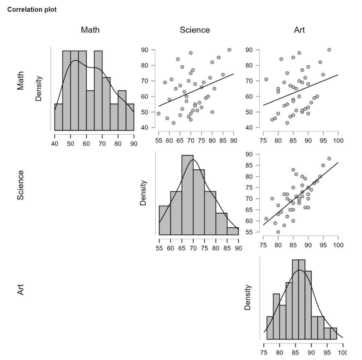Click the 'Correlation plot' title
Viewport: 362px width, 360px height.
click(x=32, y=10)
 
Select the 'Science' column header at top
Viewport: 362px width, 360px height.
click(x=195, y=30)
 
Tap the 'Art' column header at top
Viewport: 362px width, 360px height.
click(x=299, y=30)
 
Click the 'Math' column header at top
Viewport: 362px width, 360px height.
click(x=90, y=30)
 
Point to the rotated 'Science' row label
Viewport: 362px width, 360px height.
click(x=20, y=185)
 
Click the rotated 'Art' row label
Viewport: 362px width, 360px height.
click(x=20, y=290)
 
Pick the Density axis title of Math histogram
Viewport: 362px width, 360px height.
click(x=39, y=88)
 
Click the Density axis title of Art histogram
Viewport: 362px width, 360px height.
click(x=247, y=297)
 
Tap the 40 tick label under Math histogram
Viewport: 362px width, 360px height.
click(x=54, y=144)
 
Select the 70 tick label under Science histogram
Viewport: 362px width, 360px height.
click(x=193, y=248)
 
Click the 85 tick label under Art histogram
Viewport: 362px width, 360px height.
click(x=295, y=352)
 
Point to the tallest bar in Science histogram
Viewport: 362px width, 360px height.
click(x=187, y=195)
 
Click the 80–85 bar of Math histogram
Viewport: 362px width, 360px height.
click(x=122, y=110)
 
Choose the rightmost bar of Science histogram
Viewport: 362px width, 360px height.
click(x=233, y=231)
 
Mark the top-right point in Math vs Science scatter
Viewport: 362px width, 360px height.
click(x=229, y=50)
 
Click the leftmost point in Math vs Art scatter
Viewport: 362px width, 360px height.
click(x=266, y=80)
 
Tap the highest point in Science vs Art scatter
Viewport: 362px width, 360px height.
click(x=329, y=159)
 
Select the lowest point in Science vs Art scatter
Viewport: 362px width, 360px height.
click(x=278, y=232)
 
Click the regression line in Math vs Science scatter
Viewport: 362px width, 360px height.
click(x=196, y=90)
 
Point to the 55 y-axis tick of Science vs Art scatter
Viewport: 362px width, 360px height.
click(x=249, y=232)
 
